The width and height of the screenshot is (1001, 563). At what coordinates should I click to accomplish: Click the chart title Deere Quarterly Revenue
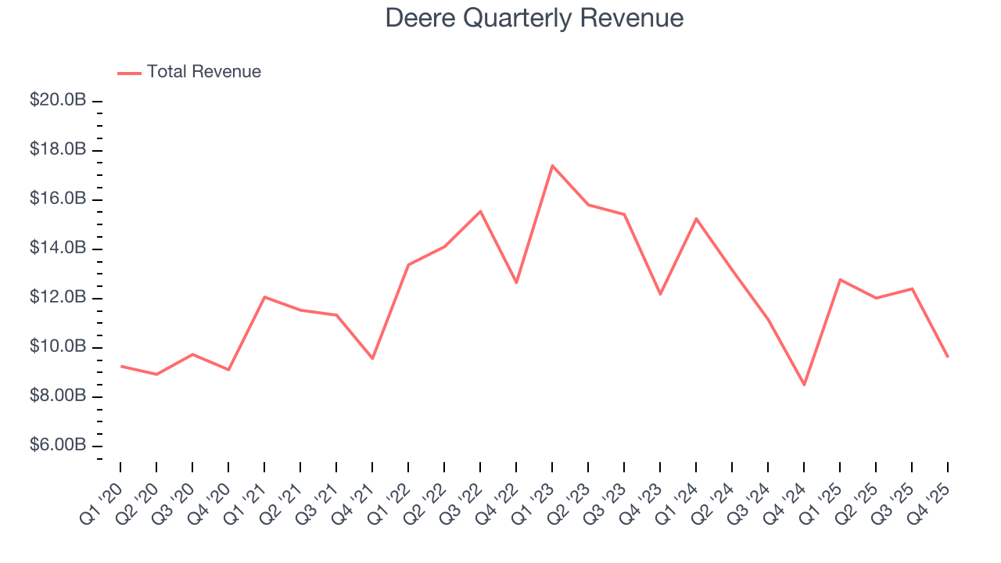click(534, 19)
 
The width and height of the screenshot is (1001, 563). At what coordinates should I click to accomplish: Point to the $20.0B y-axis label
click(58, 101)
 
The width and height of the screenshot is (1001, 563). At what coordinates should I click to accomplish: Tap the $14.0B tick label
click(58, 249)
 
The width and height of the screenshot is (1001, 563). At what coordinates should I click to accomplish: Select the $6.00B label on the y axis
click(58, 446)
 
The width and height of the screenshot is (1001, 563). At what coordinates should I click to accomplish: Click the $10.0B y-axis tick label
click(58, 347)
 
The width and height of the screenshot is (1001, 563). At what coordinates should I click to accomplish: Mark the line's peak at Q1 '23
click(552, 165)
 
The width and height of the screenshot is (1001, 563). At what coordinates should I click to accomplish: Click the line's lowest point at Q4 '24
click(804, 385)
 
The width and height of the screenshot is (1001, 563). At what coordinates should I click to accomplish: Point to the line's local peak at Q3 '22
click(480, 211)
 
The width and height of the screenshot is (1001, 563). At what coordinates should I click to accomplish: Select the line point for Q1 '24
click(696, 218)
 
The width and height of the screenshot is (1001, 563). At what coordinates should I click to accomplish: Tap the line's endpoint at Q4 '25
click(948, 357)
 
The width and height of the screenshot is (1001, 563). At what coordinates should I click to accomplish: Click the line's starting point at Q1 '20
click(120, 366)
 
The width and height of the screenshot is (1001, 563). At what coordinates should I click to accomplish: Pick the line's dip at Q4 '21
click(372, 359)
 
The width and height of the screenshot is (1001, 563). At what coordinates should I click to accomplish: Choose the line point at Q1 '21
click(264, 296)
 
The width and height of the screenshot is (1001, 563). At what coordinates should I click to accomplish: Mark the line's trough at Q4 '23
click(660, 294)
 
